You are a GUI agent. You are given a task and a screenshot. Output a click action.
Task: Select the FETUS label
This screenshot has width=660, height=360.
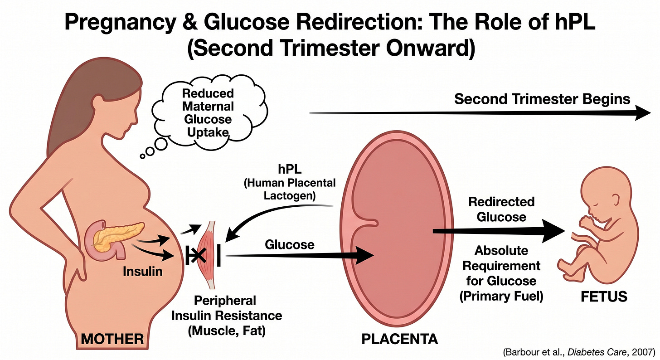coord(605,297)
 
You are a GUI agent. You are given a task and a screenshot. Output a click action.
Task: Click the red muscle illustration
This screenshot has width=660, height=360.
coord(209,254)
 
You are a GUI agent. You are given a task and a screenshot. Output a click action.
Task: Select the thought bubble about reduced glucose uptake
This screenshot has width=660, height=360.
coord(208,113)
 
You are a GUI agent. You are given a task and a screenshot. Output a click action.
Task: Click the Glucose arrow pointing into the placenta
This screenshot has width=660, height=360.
coord(299,256)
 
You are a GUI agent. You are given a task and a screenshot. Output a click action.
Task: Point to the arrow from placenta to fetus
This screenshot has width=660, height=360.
coord(499,232)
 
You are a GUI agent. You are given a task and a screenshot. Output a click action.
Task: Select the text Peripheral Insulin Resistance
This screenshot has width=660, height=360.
coord(226,308)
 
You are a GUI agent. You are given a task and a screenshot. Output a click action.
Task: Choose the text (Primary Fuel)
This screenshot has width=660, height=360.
coord(501,297)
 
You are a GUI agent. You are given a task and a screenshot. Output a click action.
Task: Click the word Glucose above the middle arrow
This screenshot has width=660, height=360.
coord(289,244)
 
